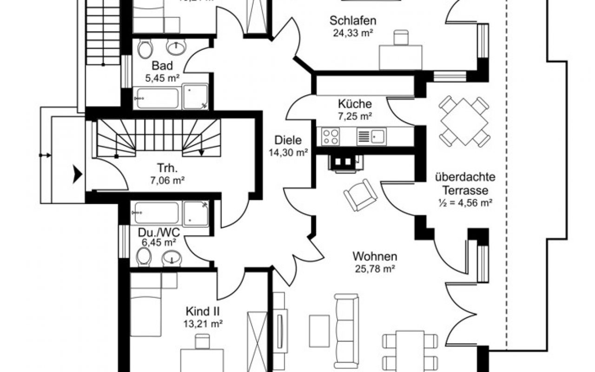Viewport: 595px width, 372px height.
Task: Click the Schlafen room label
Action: pyautogui.click(x=353, y=20)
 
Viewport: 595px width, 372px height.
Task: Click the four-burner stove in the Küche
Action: pyautogui.click(x=331, y=136)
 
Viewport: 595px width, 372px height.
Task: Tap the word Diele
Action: pyautogui.click(x=288, y=140)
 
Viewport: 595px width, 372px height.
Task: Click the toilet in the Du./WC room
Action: pyautogui.click(x=145, y=256)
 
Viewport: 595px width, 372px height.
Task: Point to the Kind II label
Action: pyautogui.click(x=203, y=311)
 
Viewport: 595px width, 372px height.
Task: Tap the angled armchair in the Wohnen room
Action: pyautogui.click(x=360, y=194)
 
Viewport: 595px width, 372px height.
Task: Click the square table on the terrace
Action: pyautogui.click(x=464, y=121)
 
